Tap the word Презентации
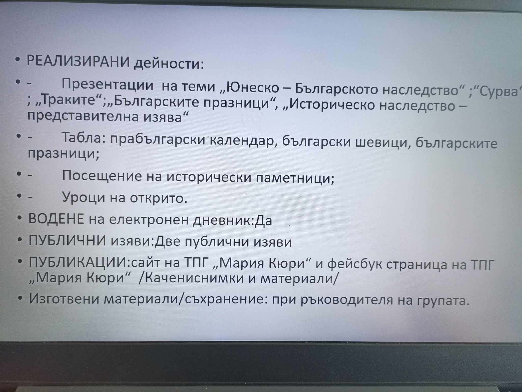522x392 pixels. [108, 84]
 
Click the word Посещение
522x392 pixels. [102, 176]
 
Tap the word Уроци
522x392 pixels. [84, 197]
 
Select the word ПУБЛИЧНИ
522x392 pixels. [67, 240]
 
